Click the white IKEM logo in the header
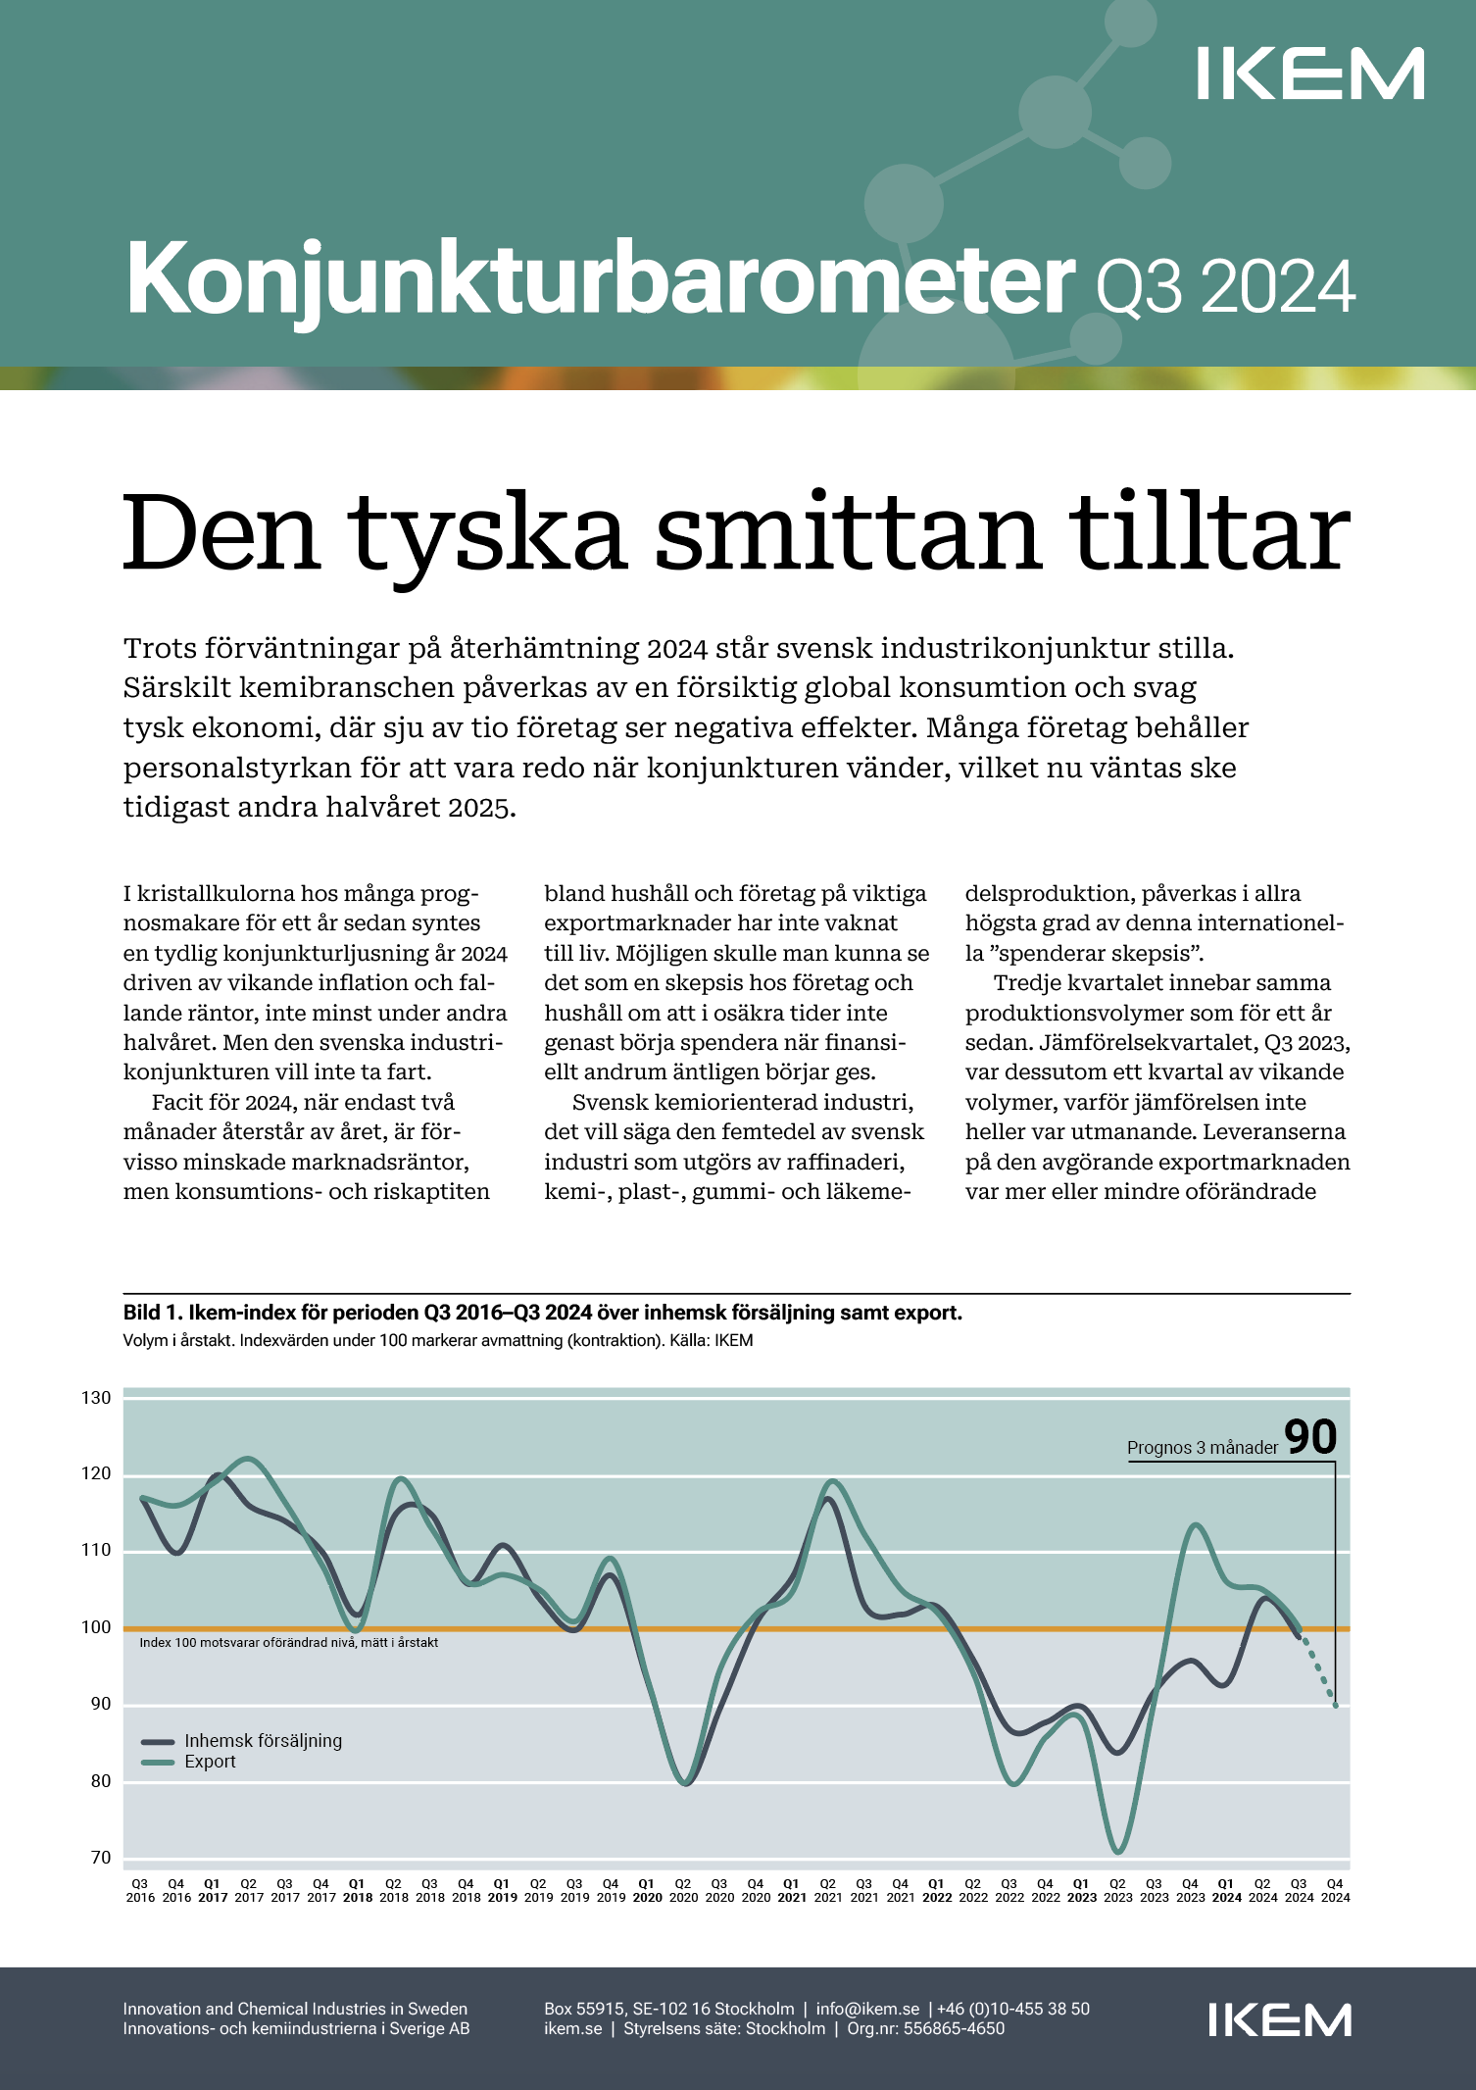1309,74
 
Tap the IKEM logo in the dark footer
1279,2019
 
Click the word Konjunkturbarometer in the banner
600,279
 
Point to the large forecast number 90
1310,1437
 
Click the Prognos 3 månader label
1203,1448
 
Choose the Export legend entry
210,1762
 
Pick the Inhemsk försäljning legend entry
263,1741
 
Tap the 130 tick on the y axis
96,1398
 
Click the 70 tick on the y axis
101,1858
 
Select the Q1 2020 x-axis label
647,1890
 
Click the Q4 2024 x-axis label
1335,1890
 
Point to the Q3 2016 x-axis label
140,1890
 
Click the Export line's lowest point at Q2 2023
1118,1852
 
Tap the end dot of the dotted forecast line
1335,1706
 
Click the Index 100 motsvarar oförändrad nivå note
288,1642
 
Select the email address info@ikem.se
867,2009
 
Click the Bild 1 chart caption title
542,1313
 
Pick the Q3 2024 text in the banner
1225,287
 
